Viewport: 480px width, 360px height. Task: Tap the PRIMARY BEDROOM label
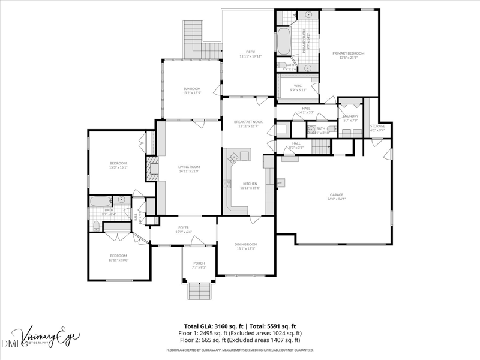tap(349, 53)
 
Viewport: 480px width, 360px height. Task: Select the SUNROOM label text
tap(192, 89)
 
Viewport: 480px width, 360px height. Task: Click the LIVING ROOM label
tap(188, 167)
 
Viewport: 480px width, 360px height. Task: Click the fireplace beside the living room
tap(151, 169)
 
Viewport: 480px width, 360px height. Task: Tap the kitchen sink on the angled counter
tap(233, 157)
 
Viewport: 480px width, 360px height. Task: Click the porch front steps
tap(199, 292)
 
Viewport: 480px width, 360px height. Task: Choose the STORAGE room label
tap(377, 126)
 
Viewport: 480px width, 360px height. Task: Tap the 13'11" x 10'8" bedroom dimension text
tap(118, 260)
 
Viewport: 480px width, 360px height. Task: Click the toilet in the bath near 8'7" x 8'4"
tap(97, 226)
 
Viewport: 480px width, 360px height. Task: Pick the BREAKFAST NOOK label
tap(248, 122)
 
